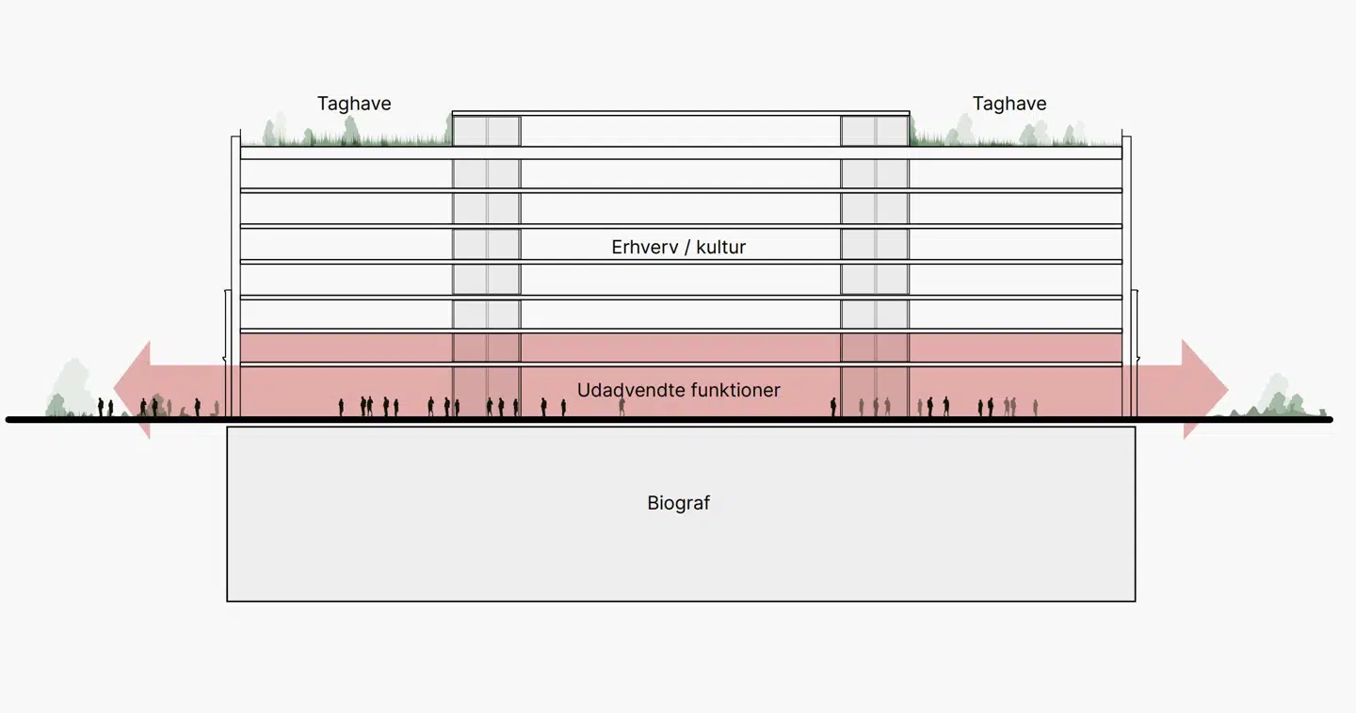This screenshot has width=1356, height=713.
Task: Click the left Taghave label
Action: [354, 104]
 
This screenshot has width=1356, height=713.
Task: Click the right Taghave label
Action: [1009, 104]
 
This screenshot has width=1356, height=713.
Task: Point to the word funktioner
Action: [734, 390]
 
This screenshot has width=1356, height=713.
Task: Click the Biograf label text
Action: [679, 503]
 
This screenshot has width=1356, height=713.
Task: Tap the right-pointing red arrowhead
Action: [1204, 389]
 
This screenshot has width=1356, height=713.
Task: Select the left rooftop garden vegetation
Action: [348, 135]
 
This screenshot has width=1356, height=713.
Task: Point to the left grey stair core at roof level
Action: [486, 130]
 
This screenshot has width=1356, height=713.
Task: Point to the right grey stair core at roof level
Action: [875, 130]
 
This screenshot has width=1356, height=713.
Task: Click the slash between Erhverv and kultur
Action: [687, 248]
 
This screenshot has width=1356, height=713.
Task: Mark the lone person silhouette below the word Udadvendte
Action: [621, 406]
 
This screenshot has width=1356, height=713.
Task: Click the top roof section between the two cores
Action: [680, 129]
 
